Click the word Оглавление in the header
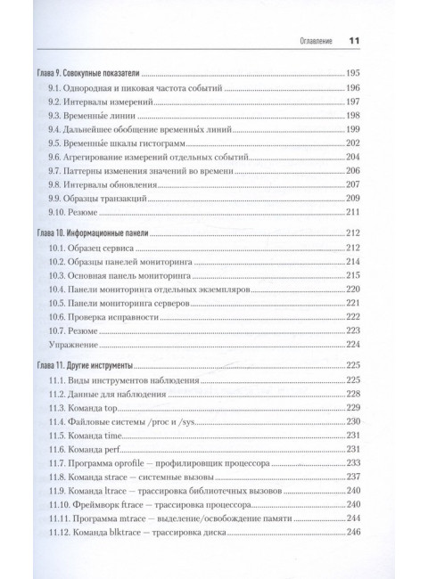[x=305, y=41]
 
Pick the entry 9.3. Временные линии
[x=92, y=116]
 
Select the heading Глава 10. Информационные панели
[x=94, y=233]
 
